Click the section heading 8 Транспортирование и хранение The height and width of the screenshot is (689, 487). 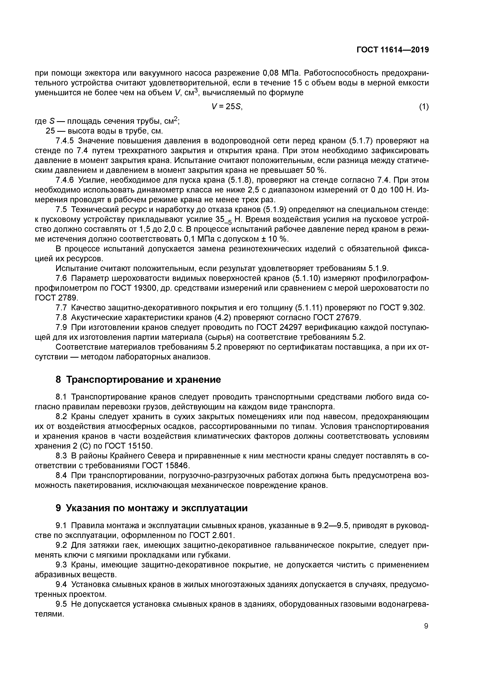pyautogui.click(x=138, y=380)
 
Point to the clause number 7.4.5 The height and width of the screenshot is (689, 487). pyautogui.click(x=65, y=141)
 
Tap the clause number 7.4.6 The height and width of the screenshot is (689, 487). pyautogui.click(x=65, y=180)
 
